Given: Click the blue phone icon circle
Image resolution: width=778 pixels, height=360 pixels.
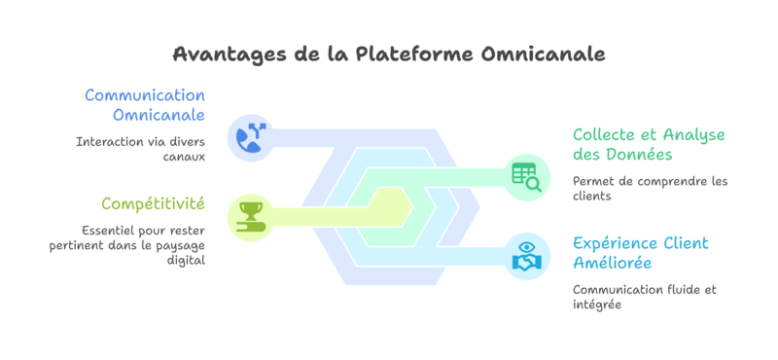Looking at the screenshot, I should click(x=251, y=137).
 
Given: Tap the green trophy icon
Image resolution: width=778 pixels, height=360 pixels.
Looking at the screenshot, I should click(x=251, y=215).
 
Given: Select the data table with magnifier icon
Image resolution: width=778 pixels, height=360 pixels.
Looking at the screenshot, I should click(x=526, y=176).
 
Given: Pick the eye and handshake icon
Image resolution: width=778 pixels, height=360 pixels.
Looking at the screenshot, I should click(x=526, y=255).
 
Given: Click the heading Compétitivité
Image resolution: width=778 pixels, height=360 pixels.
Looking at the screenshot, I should click(x=153, y=203).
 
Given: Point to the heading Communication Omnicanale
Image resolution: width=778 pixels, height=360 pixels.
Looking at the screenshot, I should click(x=145, y=105).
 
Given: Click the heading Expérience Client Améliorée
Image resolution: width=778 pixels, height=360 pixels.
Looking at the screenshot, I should click(x=640, y=253).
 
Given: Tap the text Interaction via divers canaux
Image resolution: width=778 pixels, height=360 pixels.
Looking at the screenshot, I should click(x=140, y=149).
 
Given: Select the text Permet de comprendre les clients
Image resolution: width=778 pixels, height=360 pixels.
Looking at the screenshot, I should click(x=650, y=189).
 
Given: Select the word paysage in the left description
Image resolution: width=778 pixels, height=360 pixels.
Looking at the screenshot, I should click(x=176, y=245).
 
